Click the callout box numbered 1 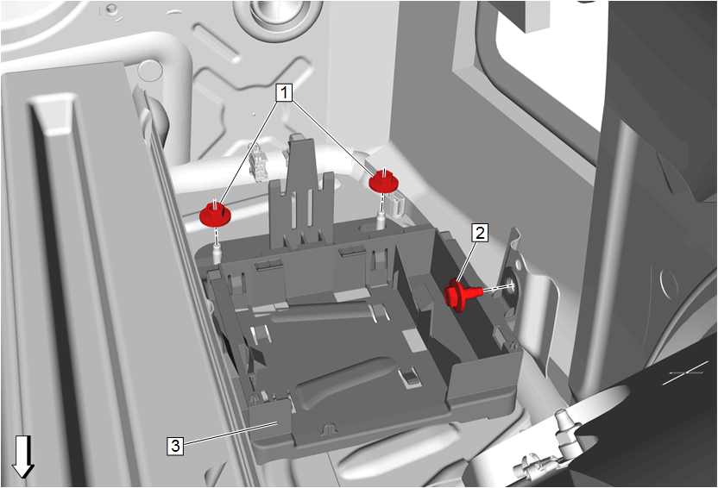(284, 92)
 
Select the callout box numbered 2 (480, 233)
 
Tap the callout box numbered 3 (175, 446)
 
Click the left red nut (215, 214)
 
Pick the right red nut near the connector (384, 181)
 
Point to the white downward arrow (23, 457)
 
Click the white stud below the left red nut (217, 253)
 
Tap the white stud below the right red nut (381, 219)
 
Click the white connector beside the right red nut (398, 203)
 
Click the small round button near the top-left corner (110, 9)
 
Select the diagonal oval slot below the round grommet (217, 43)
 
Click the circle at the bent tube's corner (150, 71)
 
